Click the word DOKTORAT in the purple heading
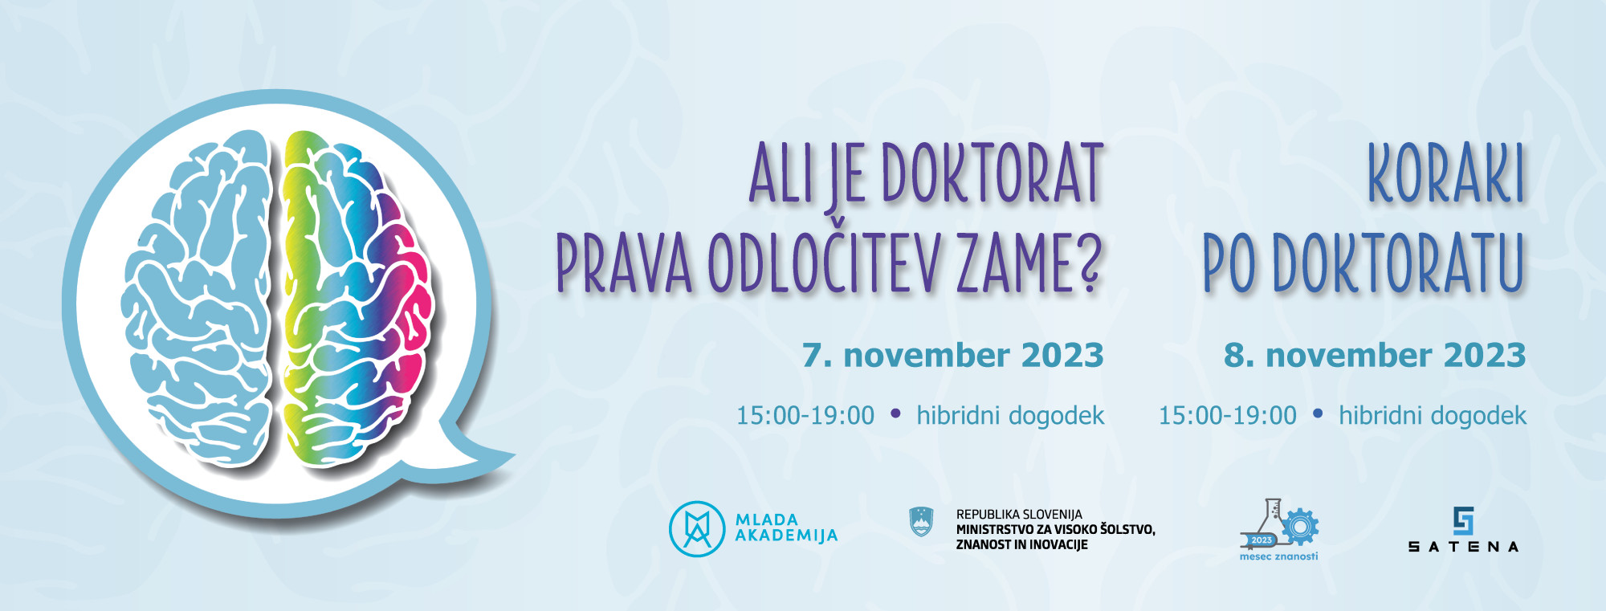(x=993, y=173)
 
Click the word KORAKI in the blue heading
(x=1446, y=173)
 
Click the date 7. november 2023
(x=953, y=355)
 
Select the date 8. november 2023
(x=1375, y=355)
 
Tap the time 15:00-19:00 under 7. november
(x=805, y=415)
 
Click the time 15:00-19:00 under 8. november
(x=1227, y=415)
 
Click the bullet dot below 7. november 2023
(x=895, y=413)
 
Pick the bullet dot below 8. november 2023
(x=1318, y=413)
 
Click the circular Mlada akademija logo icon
(x=696, y=529)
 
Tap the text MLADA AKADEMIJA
(x=786, y=528)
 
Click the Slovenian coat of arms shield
(x=921, y=522)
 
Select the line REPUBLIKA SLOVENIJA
(x=1019, y=515)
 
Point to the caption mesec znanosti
(x=1278, y=556)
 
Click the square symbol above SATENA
(x=1464, y=521)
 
